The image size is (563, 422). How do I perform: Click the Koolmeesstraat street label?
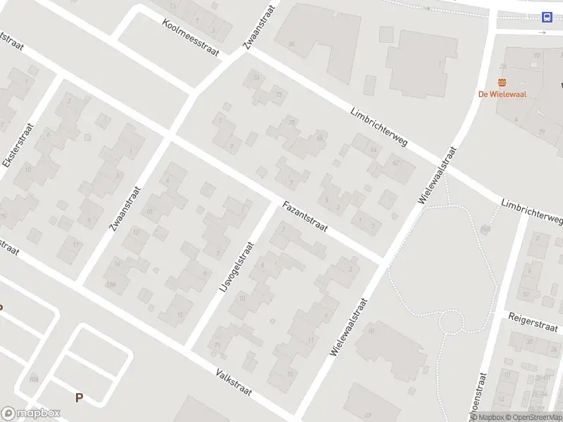pos(190,37)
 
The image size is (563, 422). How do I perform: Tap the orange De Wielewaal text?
pos(502,94)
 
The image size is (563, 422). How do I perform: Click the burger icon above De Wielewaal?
pos(502,82)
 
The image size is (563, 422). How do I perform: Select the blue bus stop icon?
pos(546,18)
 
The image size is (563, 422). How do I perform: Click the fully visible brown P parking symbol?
pos(79,397)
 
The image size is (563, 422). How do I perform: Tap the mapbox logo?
pos(31,414)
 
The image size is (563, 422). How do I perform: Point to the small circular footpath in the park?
pos(452,323)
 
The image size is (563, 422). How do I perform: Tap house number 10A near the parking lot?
pos(33,379)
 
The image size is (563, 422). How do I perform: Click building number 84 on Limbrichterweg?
pos(291,44)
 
